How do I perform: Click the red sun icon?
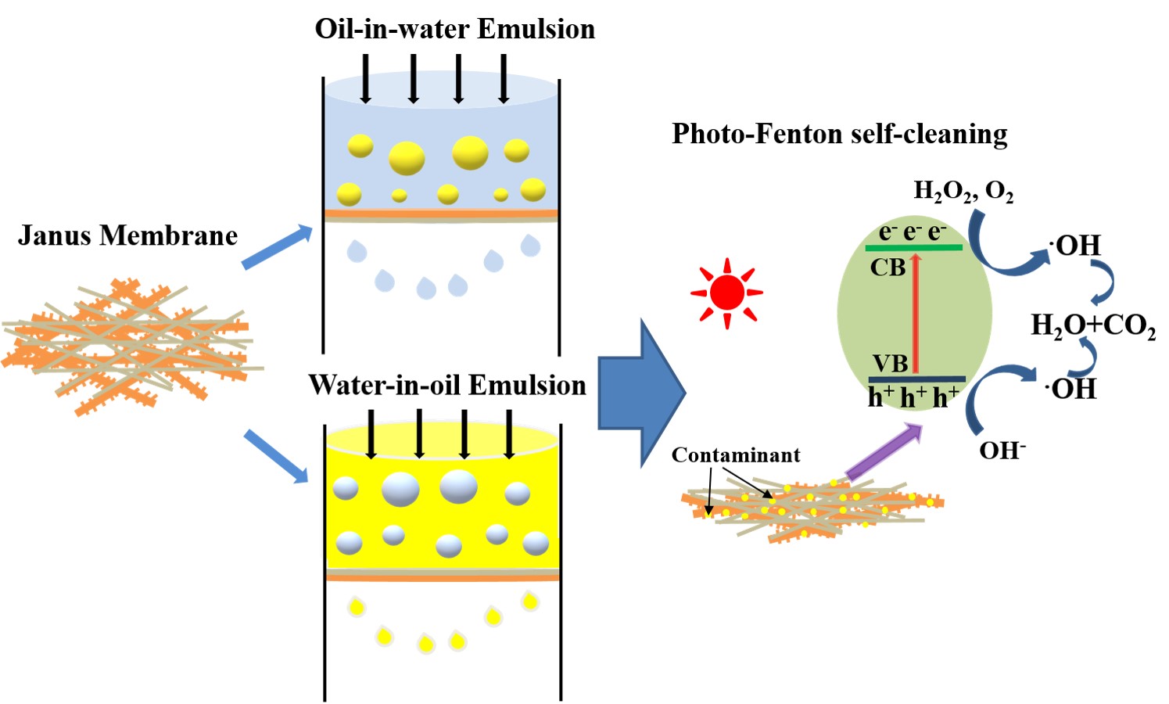(x=726, y=293)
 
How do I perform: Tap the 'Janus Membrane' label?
(x=127, y=235)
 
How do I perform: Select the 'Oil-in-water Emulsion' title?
(x=454, y=29)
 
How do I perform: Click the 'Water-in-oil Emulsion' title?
(x=446, y=385)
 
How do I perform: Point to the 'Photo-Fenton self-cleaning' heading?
(x=839, y=134)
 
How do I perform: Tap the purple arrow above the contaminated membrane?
(x=884, y=451)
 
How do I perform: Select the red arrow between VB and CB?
(x=916, y=313)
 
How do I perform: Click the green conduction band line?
(x=913, y=248)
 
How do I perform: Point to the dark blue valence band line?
(x=916, y=379)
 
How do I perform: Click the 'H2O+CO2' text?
(x=1092, y=325)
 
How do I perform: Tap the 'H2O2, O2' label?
(x=963, y=191)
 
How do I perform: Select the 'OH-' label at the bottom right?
(x=1002, y=450)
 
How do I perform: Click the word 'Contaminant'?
(x=735, y=455)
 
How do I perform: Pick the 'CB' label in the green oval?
(x=888, y=268)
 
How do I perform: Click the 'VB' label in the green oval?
(x=890, y=364)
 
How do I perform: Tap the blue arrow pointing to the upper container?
(x=277, y=246)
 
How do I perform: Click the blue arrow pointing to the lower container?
(x=276, y=455)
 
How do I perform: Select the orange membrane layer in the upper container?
(x=441, y=213)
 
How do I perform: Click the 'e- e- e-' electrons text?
(x=913, y=232)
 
